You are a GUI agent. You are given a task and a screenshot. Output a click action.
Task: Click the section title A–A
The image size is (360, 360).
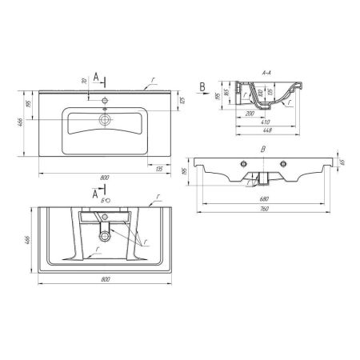point(268,70)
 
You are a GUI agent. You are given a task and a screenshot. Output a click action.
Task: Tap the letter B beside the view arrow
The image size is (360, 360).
point(203,84)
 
